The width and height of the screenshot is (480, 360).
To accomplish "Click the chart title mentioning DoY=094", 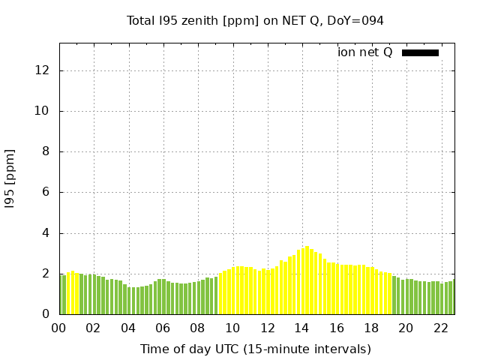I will click(255, 20).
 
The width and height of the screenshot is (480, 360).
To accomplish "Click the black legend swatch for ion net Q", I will click(420, 52).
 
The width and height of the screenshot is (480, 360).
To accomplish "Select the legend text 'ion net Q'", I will click(365, 52).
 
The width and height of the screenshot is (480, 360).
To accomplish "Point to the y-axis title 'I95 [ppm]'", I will click(10, 178).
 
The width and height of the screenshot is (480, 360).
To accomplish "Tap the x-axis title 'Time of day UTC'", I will click(255, 349).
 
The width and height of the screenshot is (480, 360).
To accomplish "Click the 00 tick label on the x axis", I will click(59, 328).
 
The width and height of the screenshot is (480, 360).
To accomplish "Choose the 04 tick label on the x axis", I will click(128, 328).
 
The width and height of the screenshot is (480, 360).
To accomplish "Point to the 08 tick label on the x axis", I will click(197, 328).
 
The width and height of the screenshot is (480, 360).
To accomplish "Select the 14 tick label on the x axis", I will click(301, 328).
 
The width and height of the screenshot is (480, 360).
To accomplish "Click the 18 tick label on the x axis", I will click(370, 328).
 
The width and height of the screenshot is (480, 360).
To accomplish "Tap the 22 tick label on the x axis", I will click(439, 328).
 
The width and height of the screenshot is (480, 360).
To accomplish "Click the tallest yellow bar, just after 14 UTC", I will click(307, 280).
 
